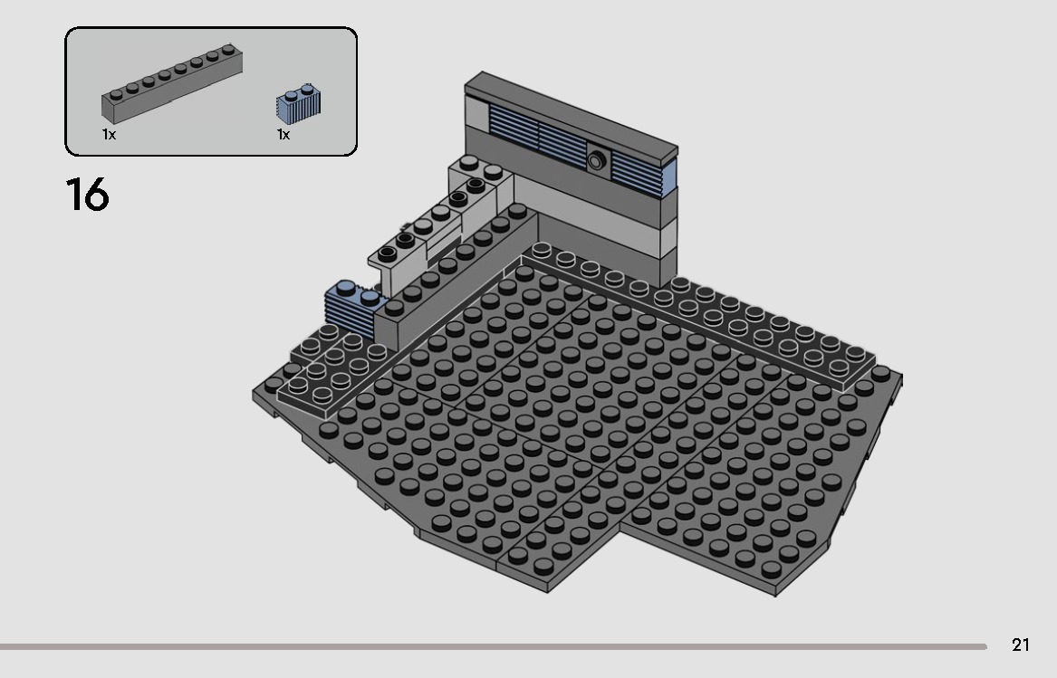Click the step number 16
click(x=87, y=195)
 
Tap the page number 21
click(x=1021, y=645)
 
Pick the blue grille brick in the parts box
click(x=298, y=104)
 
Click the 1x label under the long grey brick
click(x=109, y=135)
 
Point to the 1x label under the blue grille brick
click(x=283, y=135)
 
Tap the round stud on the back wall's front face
click(x=596, y=161)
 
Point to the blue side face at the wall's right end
click(x=671, y=178)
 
